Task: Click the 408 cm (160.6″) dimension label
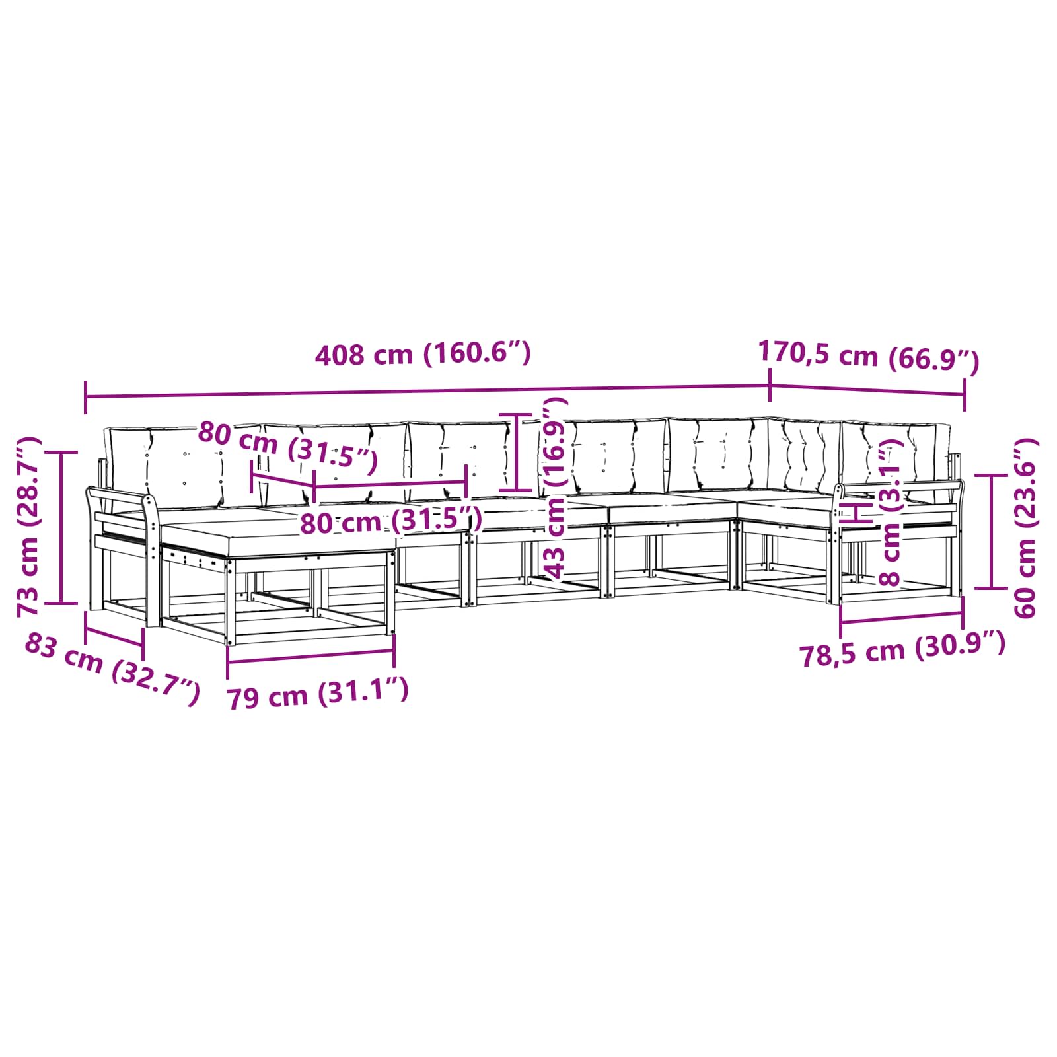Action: [x=423, y=355]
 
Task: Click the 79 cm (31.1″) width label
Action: [x=318, y=693]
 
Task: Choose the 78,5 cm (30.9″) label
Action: [x=902, y=649]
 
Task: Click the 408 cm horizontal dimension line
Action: [x=427, y=391]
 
